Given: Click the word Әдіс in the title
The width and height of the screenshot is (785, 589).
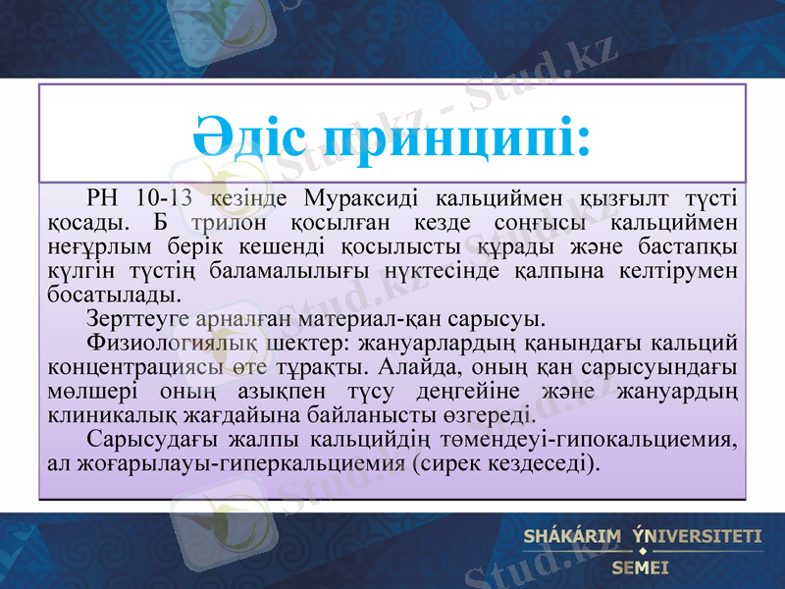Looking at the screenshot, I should [249, 138].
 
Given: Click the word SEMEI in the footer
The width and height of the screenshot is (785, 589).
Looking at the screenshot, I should [640, 566].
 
